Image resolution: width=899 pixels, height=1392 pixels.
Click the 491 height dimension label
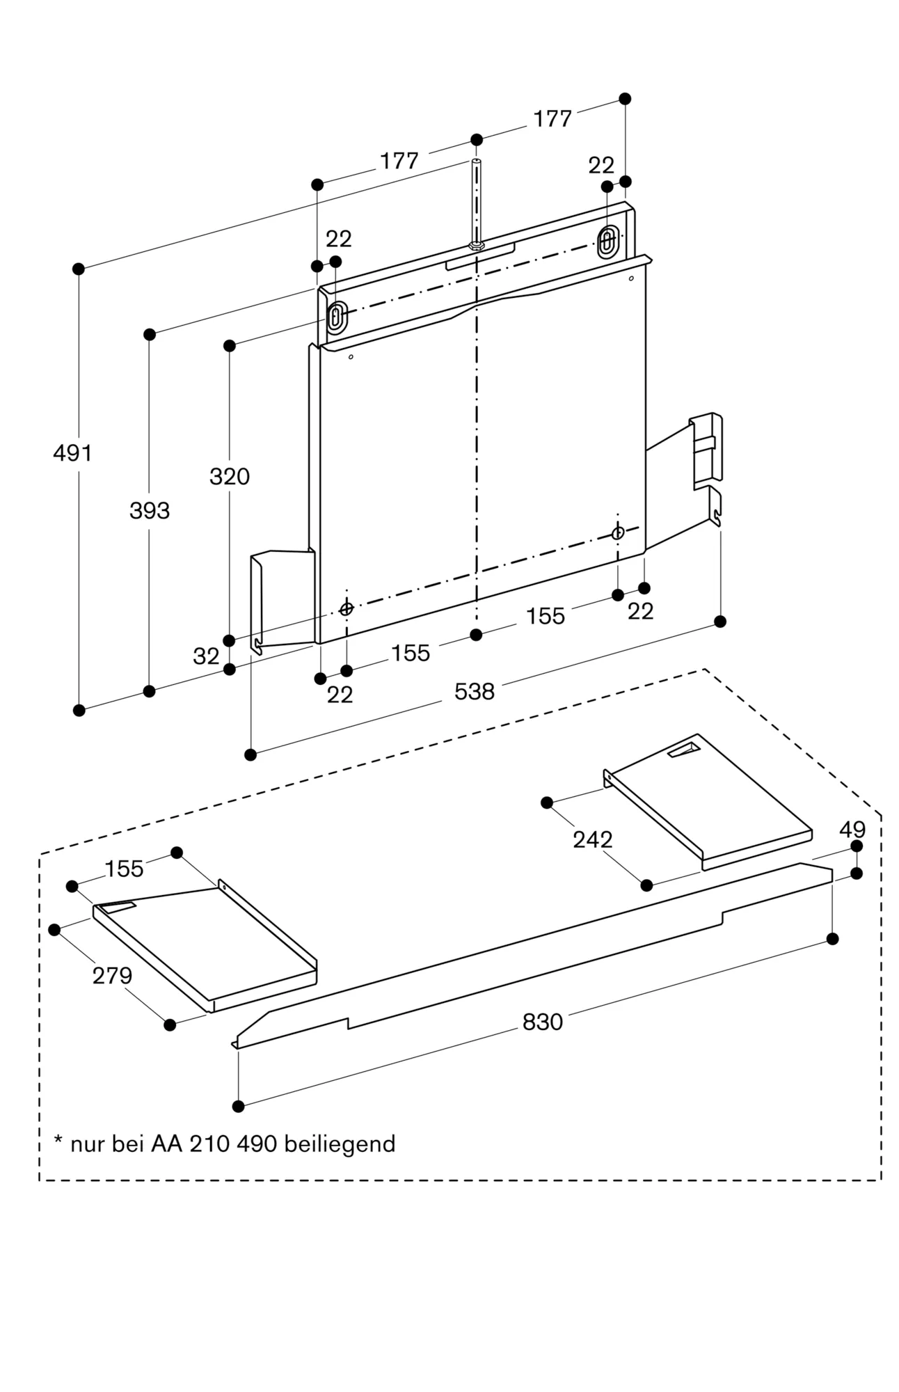(x=72, y=453)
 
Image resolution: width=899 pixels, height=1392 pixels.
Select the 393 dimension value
(x=150, y=511)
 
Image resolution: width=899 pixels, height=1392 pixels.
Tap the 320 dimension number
(x=230, y=477)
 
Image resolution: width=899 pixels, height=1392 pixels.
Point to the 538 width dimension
(x=475, y=691)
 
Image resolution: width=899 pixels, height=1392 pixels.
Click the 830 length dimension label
(x=543, y=1022)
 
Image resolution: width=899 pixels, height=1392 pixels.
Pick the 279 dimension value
(x=113, y=976)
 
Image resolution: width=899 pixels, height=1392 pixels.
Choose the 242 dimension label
(x=593, y=839)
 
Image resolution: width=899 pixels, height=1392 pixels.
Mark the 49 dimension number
(x=852, y=830)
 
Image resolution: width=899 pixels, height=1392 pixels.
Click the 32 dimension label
(x=206, y=656)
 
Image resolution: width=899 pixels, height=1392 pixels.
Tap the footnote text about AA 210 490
(x=225, y=1144)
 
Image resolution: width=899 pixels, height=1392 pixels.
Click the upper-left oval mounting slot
(x=336, y=317)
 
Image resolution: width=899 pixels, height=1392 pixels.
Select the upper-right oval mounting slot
(x=607, y=241)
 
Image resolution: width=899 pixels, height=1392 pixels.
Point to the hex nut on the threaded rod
(x=477, y=245)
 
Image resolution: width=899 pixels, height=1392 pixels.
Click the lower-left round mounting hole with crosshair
(x=347, y=609)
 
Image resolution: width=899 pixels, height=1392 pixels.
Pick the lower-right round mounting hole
(x=618, y=534)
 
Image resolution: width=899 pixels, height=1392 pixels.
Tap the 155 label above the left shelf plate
(x=125, y=869)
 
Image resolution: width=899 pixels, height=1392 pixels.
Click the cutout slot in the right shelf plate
(x=685, y=750)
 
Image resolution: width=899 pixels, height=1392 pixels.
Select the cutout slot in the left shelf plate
(x=116, y=906)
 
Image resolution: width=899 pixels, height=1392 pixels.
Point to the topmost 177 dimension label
(x=552, y=119)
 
